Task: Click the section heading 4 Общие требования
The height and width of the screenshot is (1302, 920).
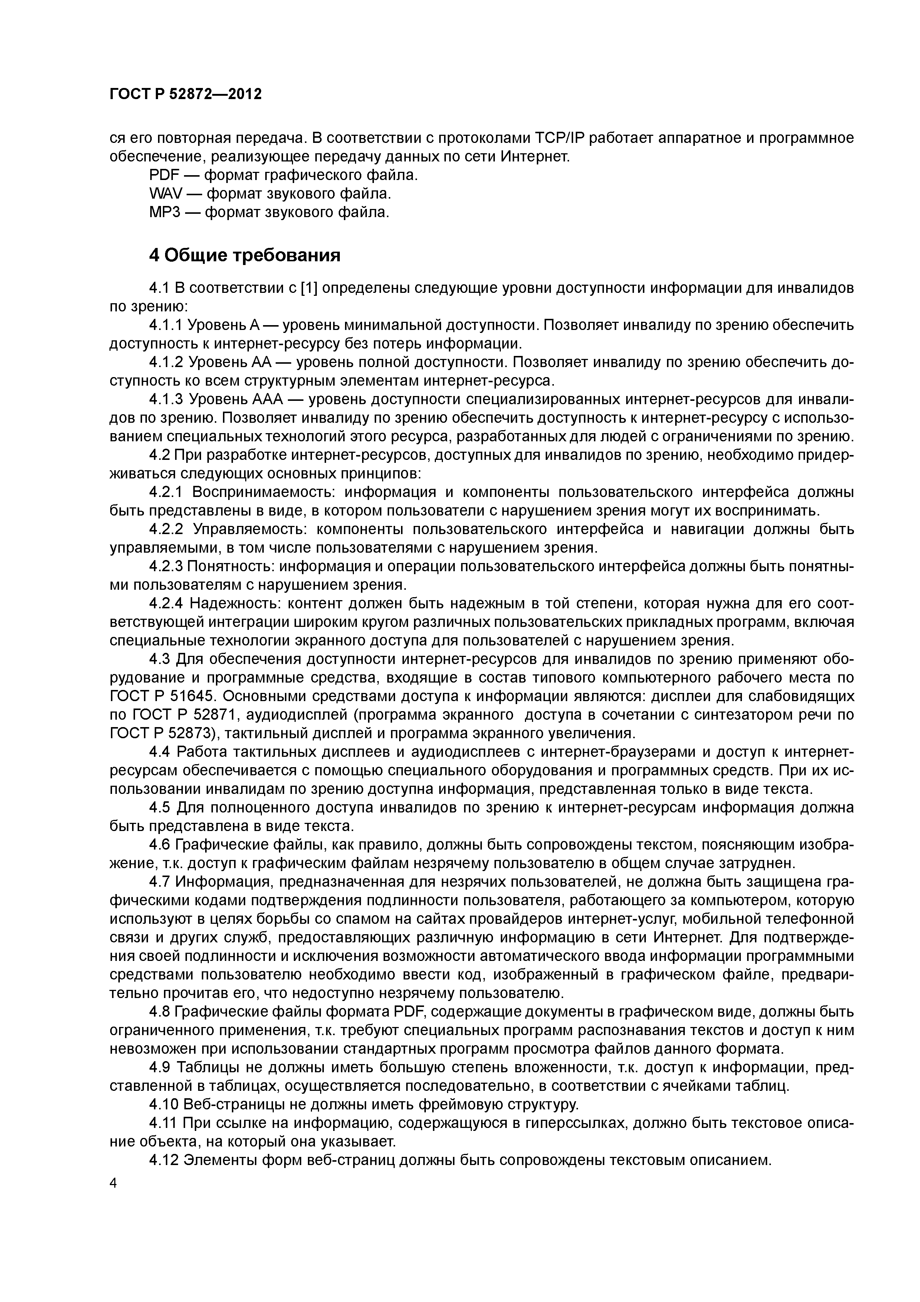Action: click(244, 256)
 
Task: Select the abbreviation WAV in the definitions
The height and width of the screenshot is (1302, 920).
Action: click(165, 194)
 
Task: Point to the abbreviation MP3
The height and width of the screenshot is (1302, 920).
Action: click(164, 213)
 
